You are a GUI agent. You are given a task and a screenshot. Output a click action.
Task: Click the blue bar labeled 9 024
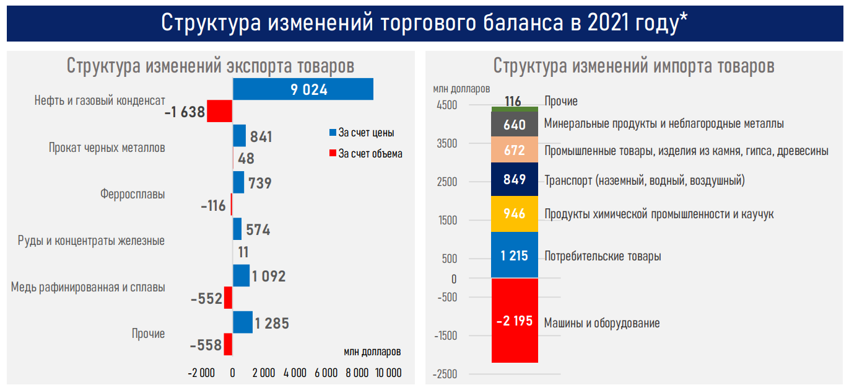[303, 89]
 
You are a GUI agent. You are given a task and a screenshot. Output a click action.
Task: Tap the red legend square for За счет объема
[332, 153]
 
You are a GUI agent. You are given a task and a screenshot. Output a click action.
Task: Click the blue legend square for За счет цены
[332, 133]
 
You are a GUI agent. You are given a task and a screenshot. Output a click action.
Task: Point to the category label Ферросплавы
[133, 194]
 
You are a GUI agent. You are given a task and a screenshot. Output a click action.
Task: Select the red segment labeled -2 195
[515, 321]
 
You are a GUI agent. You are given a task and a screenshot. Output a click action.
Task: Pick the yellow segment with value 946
[515, 214]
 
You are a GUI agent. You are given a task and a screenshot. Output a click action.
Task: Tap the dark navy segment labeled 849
[515, 180]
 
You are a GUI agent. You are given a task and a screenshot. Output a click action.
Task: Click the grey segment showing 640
[515, 125]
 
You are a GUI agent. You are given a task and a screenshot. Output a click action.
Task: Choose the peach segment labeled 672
[515, 150]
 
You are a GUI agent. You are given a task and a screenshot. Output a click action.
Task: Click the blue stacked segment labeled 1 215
[515, 255]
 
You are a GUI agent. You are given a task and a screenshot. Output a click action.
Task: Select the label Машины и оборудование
[601, 323]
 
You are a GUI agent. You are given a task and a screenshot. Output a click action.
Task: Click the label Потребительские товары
[602, 256]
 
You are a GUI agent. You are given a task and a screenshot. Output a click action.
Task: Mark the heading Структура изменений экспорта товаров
[211, 66]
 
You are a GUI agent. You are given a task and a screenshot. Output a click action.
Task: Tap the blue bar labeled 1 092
[241, 276]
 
